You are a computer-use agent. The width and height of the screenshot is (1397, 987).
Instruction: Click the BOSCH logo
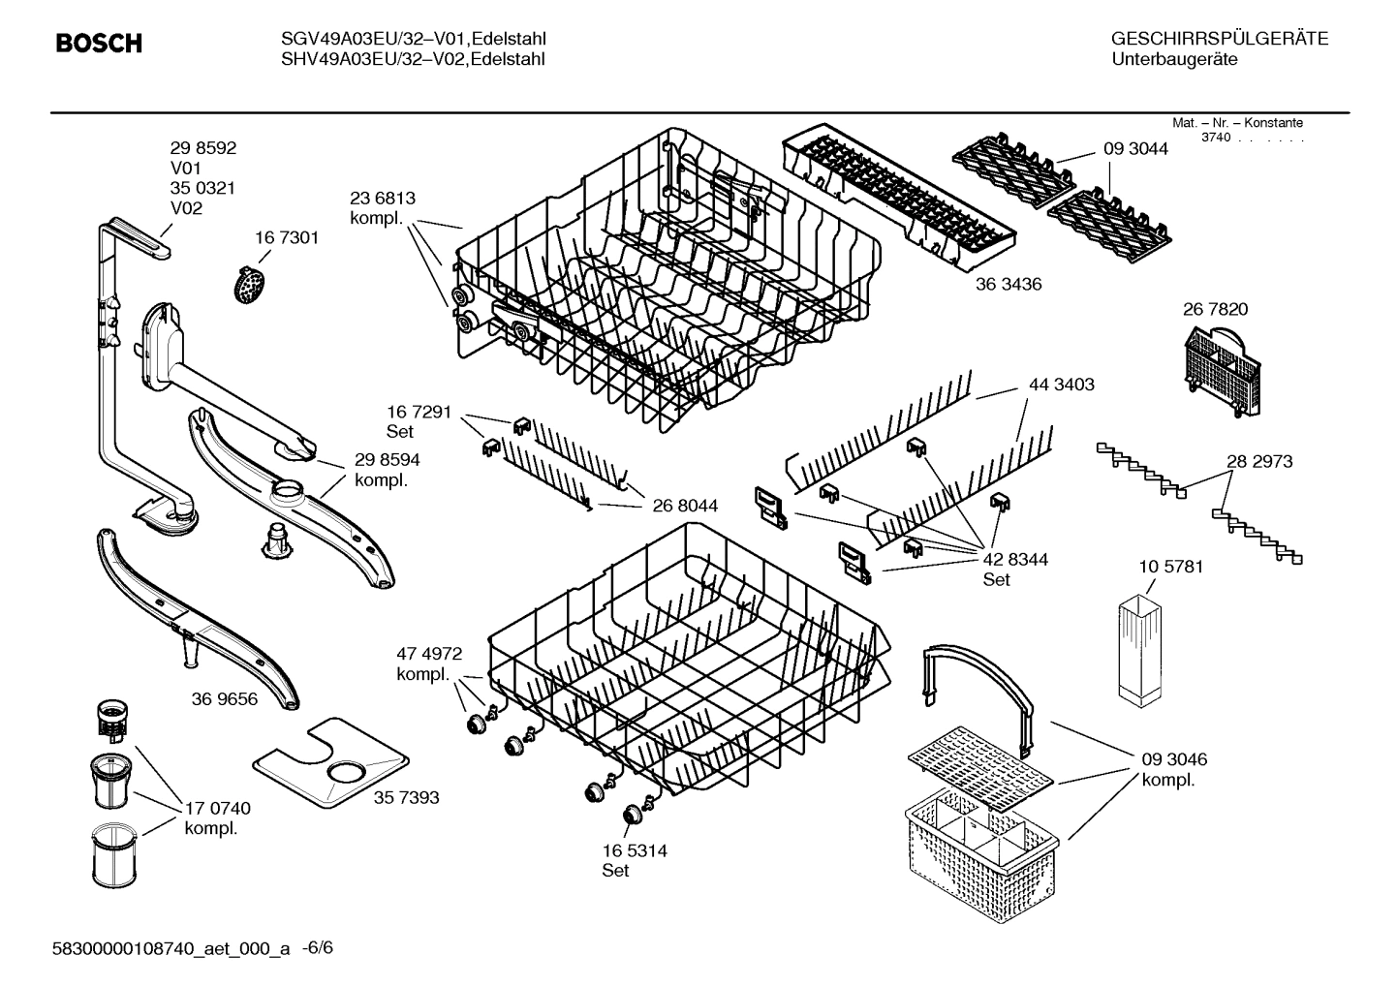pos(99,44)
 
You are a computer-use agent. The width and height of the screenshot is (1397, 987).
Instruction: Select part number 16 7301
pos(286,237)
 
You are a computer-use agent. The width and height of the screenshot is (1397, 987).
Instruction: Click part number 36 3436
pos(1009,284)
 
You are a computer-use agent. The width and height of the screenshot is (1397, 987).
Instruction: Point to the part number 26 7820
pos(1215,309)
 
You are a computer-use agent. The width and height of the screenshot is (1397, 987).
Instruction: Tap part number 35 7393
pos(406,797)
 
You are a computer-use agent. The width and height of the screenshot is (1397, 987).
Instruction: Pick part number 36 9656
pos(225,698)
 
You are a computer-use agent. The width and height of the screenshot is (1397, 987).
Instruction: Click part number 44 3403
pos(1061,385)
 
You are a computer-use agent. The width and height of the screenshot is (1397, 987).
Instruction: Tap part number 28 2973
pos(1259,461)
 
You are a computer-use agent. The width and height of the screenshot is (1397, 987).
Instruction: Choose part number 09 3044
pos(1135,148)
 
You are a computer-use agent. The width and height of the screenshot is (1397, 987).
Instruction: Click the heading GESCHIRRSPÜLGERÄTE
pos(1219,39)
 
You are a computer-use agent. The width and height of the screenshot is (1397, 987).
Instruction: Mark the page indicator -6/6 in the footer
pos(318,947)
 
